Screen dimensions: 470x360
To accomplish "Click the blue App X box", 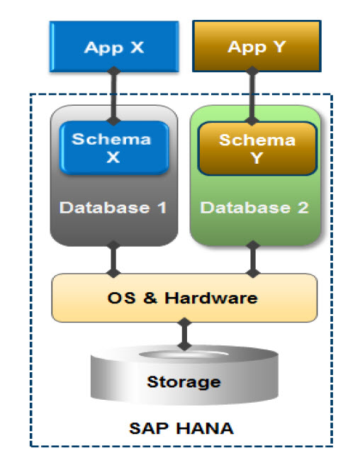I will tap(114, 46).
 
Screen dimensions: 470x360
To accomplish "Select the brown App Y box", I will tap(257, 46).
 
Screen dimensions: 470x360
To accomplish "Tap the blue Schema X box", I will tap(114, 147).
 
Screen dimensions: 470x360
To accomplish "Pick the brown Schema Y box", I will tap(257, 148).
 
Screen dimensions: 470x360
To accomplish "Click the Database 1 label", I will tap(113, 208).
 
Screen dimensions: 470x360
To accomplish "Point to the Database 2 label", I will tap(255, 208).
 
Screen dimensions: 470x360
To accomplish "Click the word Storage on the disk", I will tap(184, 381).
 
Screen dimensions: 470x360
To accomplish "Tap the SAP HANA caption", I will tap(181, 428).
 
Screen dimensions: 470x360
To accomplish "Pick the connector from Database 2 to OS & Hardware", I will tap(253, 259).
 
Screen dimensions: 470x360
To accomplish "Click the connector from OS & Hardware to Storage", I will tap(184, 334).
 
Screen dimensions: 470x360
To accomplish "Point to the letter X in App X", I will tap(137, 47).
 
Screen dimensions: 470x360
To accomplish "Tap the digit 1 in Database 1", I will tap(162, 208).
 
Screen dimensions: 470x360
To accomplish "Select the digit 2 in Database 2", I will tap(303, 208).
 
